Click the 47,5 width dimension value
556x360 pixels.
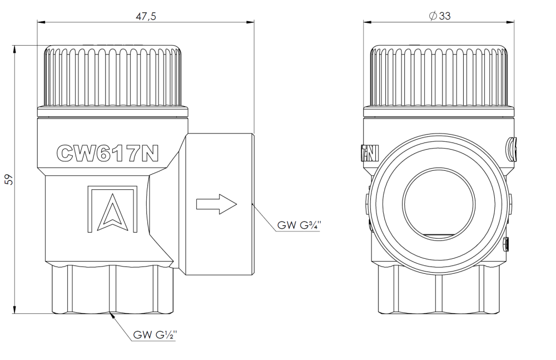(x=146, y=16)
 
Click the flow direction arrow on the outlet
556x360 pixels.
(x=217, y=203)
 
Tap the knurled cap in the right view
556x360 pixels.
(x=440, y=78)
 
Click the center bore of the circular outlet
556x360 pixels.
(x=440, y=202)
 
